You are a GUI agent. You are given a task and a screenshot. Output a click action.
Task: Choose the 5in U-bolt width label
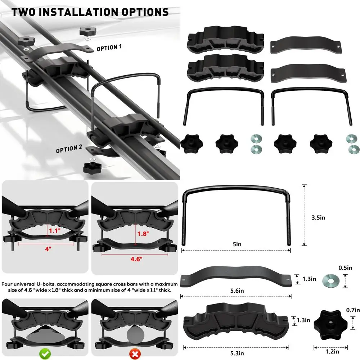pos(237,244)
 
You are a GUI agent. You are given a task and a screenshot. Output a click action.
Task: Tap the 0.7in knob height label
pos(352,310)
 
